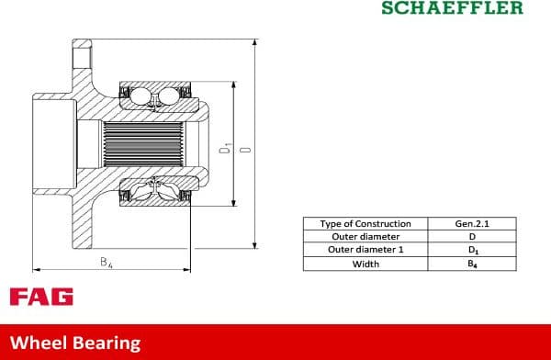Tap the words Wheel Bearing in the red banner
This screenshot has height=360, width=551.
pyautogui.click(x=75, y=343)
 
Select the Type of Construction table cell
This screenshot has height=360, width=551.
pyautogui.click(x=365, y=224)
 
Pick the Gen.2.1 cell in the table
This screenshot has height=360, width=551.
pyautogui.click(x=472, y=224)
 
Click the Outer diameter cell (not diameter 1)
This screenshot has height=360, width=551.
pyautogui.click(x=365, y=237)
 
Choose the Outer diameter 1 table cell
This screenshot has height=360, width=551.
pyautogui.click(x=365, y=250)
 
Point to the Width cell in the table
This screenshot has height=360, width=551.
pyautogui.click(x=365, y=264)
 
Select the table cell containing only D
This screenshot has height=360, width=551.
pyautogui.click(x=472, y=237)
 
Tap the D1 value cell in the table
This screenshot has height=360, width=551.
pyautogui.click(x=472, y=250)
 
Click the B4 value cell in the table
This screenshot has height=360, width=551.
pyautogui.click(x=472, y=264)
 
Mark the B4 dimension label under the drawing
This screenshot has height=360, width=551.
pyautogui.click(x=107, y=263)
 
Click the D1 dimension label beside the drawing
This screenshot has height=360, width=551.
pyautogui.click(x=224, y=147)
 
